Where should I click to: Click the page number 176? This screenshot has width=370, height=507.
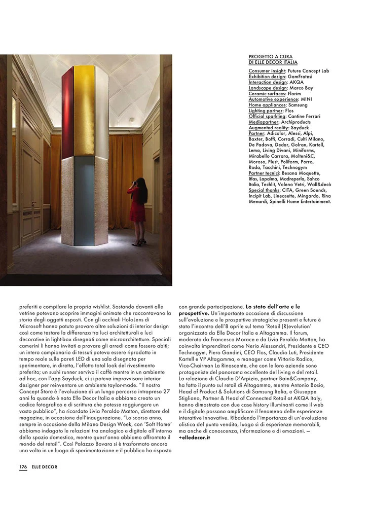click(x=23, y=467)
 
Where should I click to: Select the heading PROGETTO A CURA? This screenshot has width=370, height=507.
click(x=270, y=57)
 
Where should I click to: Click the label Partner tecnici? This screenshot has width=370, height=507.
click(x=264, y=173)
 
